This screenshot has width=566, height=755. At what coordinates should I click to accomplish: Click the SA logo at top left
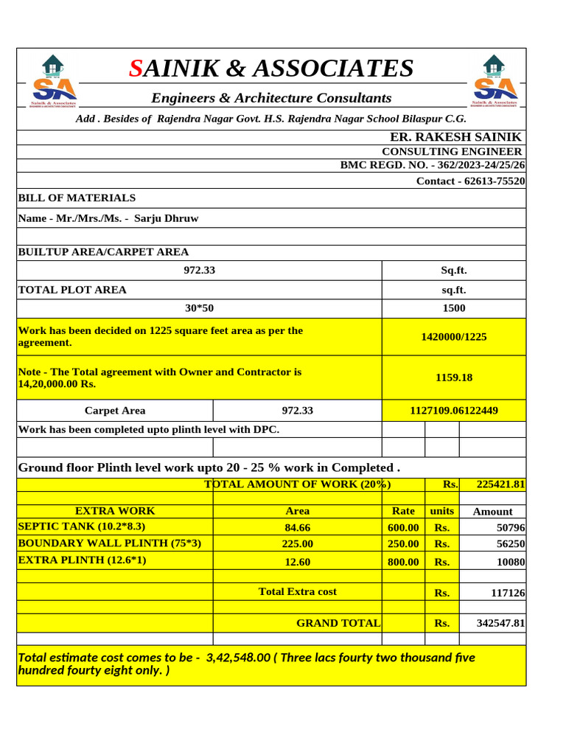pos(52,81)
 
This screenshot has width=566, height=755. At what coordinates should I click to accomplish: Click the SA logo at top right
pos(493,81)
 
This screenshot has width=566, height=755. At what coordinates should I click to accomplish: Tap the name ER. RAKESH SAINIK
pos(455,137)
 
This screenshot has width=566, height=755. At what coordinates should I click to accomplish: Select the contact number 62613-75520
pos(470,181)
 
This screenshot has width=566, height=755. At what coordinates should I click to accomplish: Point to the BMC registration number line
pos(433,165)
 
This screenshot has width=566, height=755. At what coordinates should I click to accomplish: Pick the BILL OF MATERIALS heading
pos(77,198)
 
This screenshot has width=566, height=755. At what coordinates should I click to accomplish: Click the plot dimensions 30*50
pos(199,308)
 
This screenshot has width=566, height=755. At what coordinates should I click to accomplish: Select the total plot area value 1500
pos(453,308)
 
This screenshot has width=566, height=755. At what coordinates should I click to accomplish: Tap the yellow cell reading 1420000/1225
pos(453,337)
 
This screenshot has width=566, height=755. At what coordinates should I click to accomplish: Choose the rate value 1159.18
pos(453,377)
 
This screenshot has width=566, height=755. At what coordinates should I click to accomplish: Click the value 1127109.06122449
pos(453,411)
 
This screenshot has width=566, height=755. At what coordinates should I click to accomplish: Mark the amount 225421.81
pos(500,484)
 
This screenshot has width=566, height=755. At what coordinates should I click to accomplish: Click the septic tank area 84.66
pos(297,527)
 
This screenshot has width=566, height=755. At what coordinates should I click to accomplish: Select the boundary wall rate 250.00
pos(403,543)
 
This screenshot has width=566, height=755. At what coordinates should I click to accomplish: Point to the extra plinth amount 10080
pos(511,563)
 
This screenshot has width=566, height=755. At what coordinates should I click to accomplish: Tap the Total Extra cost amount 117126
pos(508,593)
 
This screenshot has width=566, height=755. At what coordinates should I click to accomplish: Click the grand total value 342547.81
pos(500,623)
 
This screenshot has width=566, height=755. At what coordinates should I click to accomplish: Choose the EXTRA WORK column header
pos(115,510)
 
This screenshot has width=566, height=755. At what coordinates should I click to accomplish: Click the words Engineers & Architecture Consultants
pos(271,98)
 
